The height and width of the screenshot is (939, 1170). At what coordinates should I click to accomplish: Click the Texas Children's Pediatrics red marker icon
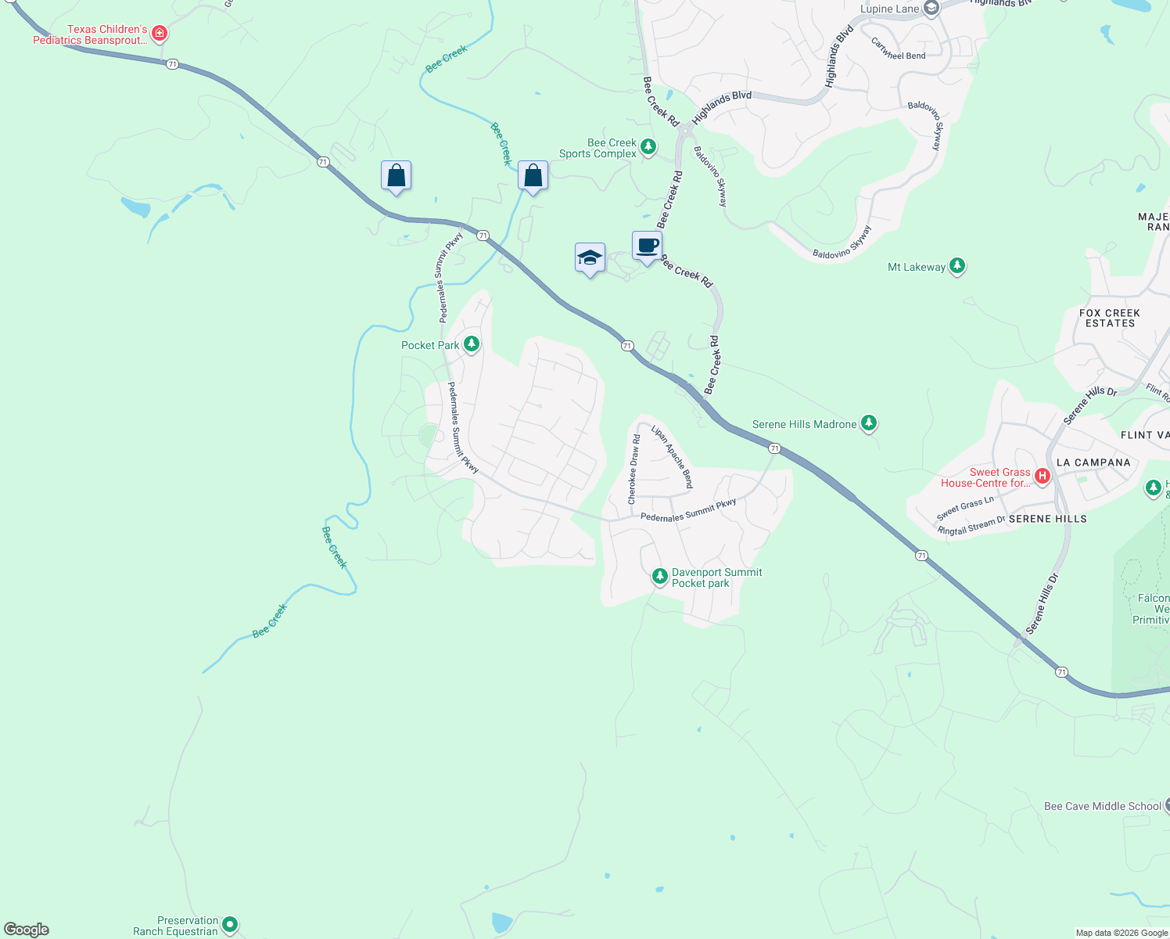160,34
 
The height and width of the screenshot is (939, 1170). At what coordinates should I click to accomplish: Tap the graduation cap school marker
590,257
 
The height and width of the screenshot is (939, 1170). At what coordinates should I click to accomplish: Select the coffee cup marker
647,246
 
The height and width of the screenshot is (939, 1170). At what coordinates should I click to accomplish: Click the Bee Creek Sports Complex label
598,148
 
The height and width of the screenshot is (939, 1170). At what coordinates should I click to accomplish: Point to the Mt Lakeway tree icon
956,266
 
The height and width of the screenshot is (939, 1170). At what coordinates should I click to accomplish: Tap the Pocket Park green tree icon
471,344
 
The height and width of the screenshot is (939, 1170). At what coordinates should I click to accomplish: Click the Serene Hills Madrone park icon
868,423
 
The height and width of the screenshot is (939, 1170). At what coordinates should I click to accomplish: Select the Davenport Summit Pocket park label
716,577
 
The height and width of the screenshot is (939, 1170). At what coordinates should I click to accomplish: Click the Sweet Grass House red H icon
1042,475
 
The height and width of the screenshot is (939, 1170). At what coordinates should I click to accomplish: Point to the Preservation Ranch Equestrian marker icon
229,924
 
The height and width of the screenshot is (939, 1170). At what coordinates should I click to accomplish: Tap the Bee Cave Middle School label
1103,806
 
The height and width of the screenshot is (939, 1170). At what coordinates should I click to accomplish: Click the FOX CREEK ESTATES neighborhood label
1109,318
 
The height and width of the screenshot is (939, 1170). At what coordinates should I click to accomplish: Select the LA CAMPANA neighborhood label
1093,462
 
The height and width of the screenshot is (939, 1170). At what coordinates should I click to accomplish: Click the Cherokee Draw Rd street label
634,469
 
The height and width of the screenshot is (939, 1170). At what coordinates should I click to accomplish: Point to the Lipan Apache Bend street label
673,457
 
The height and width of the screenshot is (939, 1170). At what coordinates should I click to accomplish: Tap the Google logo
27,930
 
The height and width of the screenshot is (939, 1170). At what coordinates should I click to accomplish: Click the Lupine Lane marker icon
931,9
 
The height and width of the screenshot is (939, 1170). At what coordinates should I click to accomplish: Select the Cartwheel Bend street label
899,50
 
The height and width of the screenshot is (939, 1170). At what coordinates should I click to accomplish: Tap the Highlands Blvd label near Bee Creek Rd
721,106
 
